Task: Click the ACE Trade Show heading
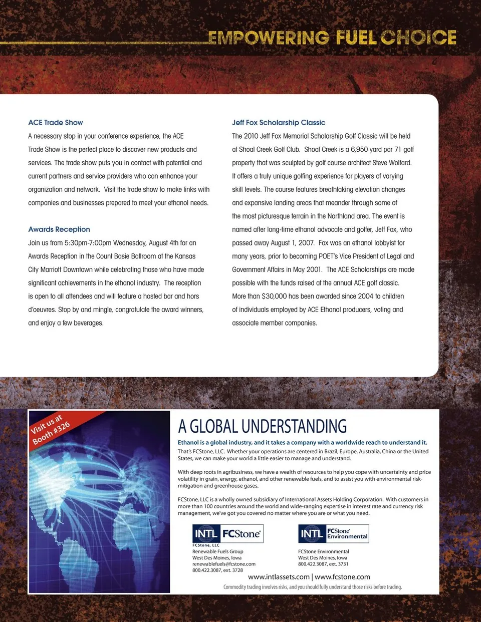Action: click(x=56, y=123)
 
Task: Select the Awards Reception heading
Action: click(x=59, y=229)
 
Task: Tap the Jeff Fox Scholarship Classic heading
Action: click(x=279, y=123)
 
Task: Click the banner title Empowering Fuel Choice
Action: click(x=332, y=38)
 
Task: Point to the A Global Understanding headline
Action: click(x=263, y=426)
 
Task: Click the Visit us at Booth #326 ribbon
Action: click(x=51, y=429)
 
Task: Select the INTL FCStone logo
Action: click(x=228, y=534)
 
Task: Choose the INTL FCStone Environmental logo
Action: click(x=334, y=534)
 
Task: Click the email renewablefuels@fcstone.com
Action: click(x=224, y=564)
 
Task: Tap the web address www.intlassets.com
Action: click(x=279, y=577)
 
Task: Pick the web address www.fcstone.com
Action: click(x=342, y=577)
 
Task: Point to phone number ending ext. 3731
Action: click(x=323, y=564)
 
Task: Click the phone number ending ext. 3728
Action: click(x=217, y=570)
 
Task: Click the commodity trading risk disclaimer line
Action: click(x=313, y=587)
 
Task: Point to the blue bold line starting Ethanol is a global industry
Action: click(x=303, y=443)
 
